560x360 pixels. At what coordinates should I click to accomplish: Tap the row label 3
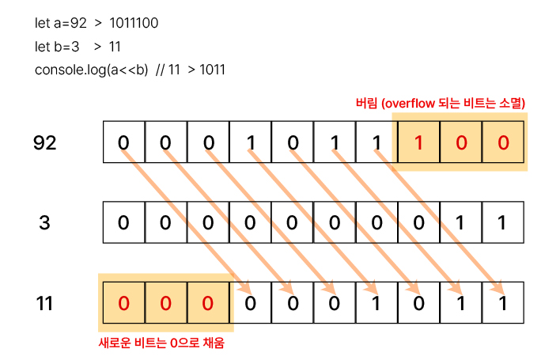[45, 222]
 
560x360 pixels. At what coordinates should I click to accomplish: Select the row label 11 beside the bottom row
[45, 302]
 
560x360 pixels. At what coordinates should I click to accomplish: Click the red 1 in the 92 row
[419, 142]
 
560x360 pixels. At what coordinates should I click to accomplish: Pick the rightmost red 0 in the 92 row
[503, 142]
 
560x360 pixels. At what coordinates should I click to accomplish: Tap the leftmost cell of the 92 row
[124, 142]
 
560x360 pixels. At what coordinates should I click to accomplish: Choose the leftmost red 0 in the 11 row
[124, 302]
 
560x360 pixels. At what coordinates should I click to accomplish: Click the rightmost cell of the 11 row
[503, 302]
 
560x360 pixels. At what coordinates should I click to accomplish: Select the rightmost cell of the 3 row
[503, 222]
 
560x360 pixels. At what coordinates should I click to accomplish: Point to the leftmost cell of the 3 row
[124, 222]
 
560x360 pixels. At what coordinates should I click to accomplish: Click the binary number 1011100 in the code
[129, 23]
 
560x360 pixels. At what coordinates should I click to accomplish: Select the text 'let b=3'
[57, 47]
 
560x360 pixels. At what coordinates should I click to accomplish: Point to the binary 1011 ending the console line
[213, 70]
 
